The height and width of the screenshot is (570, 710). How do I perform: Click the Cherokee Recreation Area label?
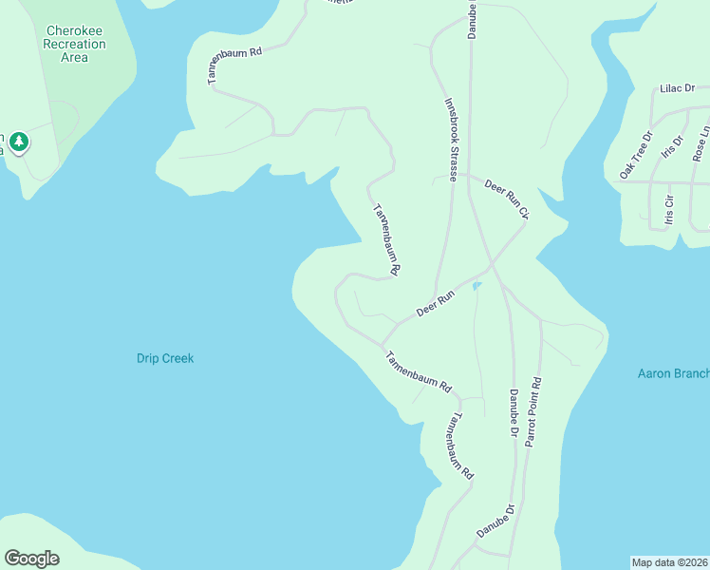(x=74, y=44)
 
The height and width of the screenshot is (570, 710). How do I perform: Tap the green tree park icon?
(x=19, y=142)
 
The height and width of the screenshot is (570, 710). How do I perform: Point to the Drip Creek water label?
(x=165, y=358)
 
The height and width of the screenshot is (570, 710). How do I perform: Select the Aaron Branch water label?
(x=673, y=373)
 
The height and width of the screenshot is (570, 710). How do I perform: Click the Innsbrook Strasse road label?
(x=453, y=140)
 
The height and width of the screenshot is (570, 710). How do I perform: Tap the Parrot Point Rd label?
(x=534, y=413)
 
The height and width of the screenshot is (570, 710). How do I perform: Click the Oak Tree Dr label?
(x=636, y=155)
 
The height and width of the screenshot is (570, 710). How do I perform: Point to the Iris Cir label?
(x=669, y=212)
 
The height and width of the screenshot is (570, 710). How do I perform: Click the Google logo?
(x=31, y=559)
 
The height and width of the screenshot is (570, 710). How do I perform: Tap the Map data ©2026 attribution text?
(x=669, y=561)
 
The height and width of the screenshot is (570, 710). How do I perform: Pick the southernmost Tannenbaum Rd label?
(x=459, y=445)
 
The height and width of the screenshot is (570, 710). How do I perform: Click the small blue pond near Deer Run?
(x=476, y=285)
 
